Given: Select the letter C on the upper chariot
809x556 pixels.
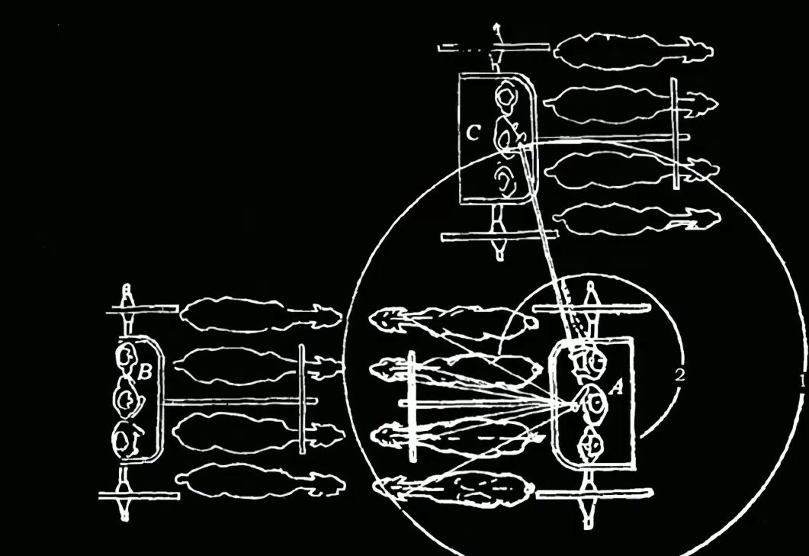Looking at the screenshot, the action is pyautogui.click(x=473, y=135).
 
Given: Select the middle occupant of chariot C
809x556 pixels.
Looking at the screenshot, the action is pyautogui.click(x=506, y=136).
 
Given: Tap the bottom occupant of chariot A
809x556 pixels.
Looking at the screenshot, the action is pyautogui.click(x=591, y=445).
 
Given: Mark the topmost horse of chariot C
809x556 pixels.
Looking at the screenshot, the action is pyautogui.click(x=633, y=52).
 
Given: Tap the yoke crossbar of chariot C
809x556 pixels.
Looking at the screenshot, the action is pyautogui.click(x=676, y=134).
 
